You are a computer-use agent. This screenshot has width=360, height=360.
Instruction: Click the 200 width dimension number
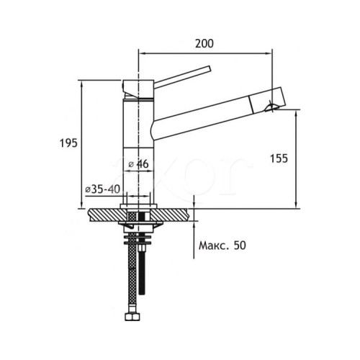pyautogui.click(x=204, y=44)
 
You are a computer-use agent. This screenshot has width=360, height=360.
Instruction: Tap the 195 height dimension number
pyautogui.click(x=68, y=143)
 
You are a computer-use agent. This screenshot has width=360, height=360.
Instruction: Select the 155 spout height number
pyautogui.click(x=279, y=158)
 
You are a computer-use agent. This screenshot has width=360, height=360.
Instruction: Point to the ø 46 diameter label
pyautogui.click(x=138, y=164)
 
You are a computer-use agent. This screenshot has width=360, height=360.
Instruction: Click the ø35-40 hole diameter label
pyautogui.click(x=103, y=189)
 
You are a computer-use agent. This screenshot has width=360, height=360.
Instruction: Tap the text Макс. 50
pyautogui.click(x=222, y=246)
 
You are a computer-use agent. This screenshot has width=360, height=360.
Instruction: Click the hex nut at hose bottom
pyautogui.click(x=132, y=317)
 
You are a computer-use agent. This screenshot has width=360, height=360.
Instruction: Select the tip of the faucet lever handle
pyautogui.click(x=210, y=68)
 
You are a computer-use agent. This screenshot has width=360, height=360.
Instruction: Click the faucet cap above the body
pyautogui.click(x=138, y=89)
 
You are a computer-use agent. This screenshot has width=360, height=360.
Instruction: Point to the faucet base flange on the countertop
pyautogui.click(x=138, y=206)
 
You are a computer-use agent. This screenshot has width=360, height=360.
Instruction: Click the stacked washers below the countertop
pyautogui.click(x=138, y=239)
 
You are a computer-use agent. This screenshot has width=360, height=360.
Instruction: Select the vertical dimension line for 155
pyautogui.click(x=297, y=160)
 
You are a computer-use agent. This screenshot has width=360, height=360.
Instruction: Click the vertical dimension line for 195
pyautogui.click(x=82, y=144)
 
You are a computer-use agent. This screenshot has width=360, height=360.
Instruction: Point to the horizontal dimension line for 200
pyautogui.click(x=205, y=53)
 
